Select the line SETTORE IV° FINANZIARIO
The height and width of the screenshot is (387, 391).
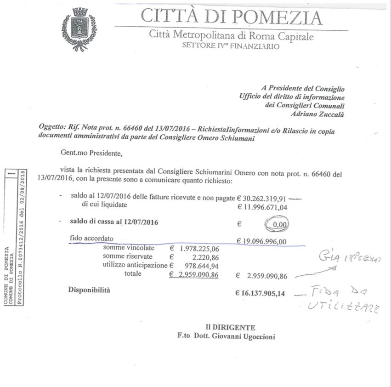(230, 46)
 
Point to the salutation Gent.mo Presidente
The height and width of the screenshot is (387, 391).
(92, 152)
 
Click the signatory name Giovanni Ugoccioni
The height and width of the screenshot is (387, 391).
(247, 336)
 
